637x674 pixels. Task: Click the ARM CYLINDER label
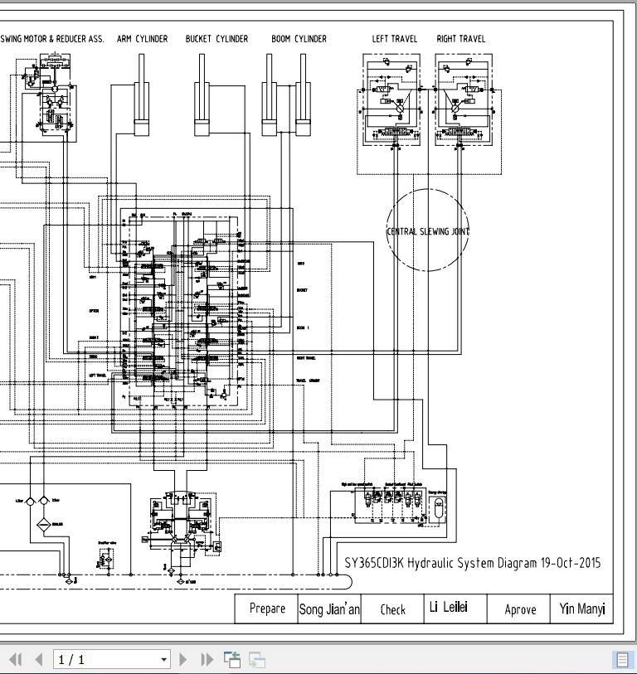tap(142, 39)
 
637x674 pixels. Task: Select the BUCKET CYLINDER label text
tap(216, 39)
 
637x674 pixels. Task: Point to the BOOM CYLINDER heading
tap(299, 39)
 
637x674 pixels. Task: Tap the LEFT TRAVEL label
tap(394, 39)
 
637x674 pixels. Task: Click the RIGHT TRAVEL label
tap(460, 39)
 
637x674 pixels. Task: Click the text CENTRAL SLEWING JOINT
tap(428, 231)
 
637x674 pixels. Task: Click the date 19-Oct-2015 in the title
tap(571, 563)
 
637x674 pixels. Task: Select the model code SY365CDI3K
tap(374, 563)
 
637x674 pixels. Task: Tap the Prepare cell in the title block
tap(267, 609)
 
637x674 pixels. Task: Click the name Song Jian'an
tap(329, 609)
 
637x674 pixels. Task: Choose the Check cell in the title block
tap(392, 609)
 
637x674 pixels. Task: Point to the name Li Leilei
tap(448, 607)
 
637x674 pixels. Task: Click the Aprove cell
tap(520, 609)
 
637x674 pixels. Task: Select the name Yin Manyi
tap(581, 609)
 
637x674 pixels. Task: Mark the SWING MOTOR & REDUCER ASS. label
tap(52, 39)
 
